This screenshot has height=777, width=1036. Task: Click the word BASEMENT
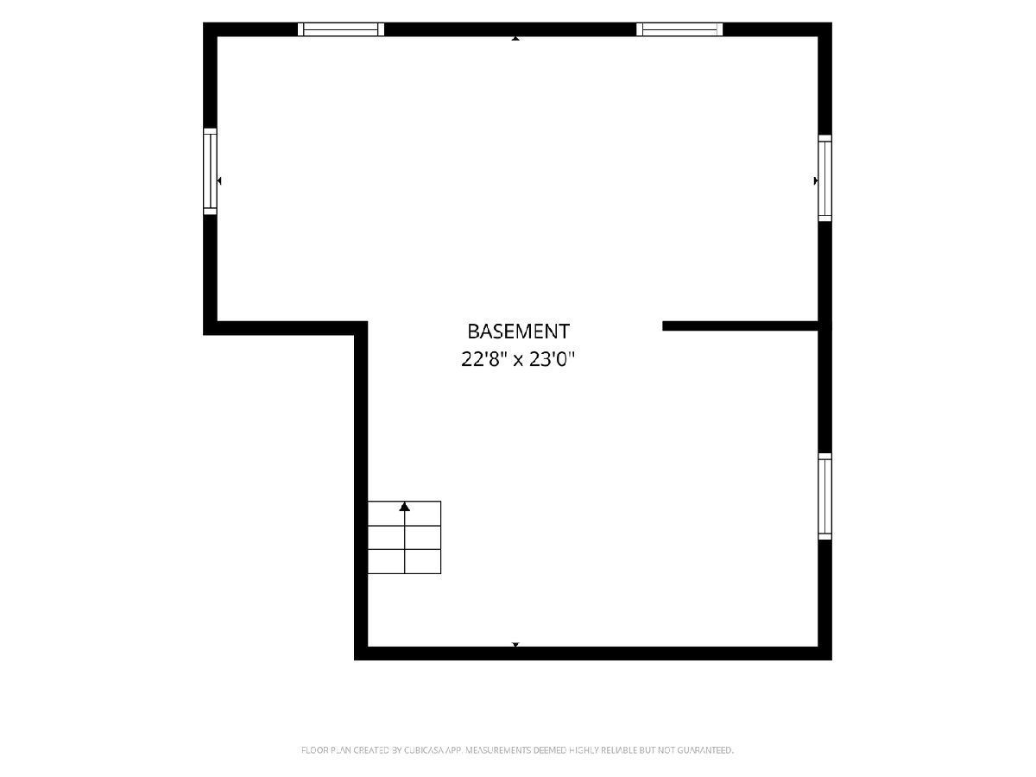pyautogui.click(x=518, y=332)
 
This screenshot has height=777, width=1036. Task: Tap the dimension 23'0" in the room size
pyautogui.click(x=552, y=360)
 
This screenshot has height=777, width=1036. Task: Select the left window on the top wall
pyautogui.click(x=341, y=29)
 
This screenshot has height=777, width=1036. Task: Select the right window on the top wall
pyautogui.click(x=679, y=29)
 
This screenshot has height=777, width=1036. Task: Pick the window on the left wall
pyautogui.click(x=210, y=171)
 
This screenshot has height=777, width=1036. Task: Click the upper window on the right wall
pyautogui.click(x=824, y=178)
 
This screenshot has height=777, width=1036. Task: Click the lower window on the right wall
pyautogui.click(x=824, y=496)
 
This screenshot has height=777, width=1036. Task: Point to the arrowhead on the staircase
pyautogui.click(x=405, y=507)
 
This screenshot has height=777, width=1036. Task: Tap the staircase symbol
pyautogui.click(x=405, y=537)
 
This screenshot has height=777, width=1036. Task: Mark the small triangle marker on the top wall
pyautogui.click(x=515, y=38)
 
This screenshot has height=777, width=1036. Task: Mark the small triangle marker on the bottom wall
pyautogui.click(x=515, y=644)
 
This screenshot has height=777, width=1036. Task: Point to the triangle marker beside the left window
pyautogui.click(x=219, y=180)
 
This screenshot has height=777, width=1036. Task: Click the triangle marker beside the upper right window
pyautogui.click(x=816, y=180)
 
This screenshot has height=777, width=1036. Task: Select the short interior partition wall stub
pyautogui.click(x=740, y=326)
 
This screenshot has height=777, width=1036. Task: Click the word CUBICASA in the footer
pyautogui.click(x=424, y=750)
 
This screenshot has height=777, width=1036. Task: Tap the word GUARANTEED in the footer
pyautogui.click(x=705, y=750)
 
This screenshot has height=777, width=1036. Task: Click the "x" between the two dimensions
pyautogui.click(x=518, y=362)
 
